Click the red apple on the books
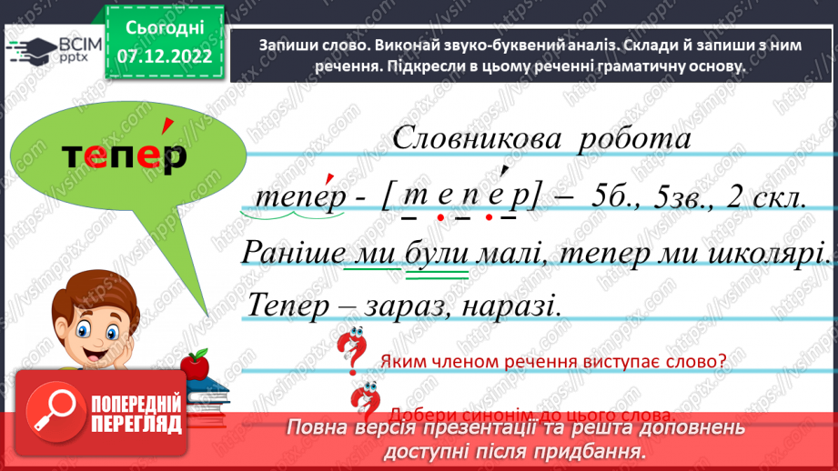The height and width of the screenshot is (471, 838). click(194, 366)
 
